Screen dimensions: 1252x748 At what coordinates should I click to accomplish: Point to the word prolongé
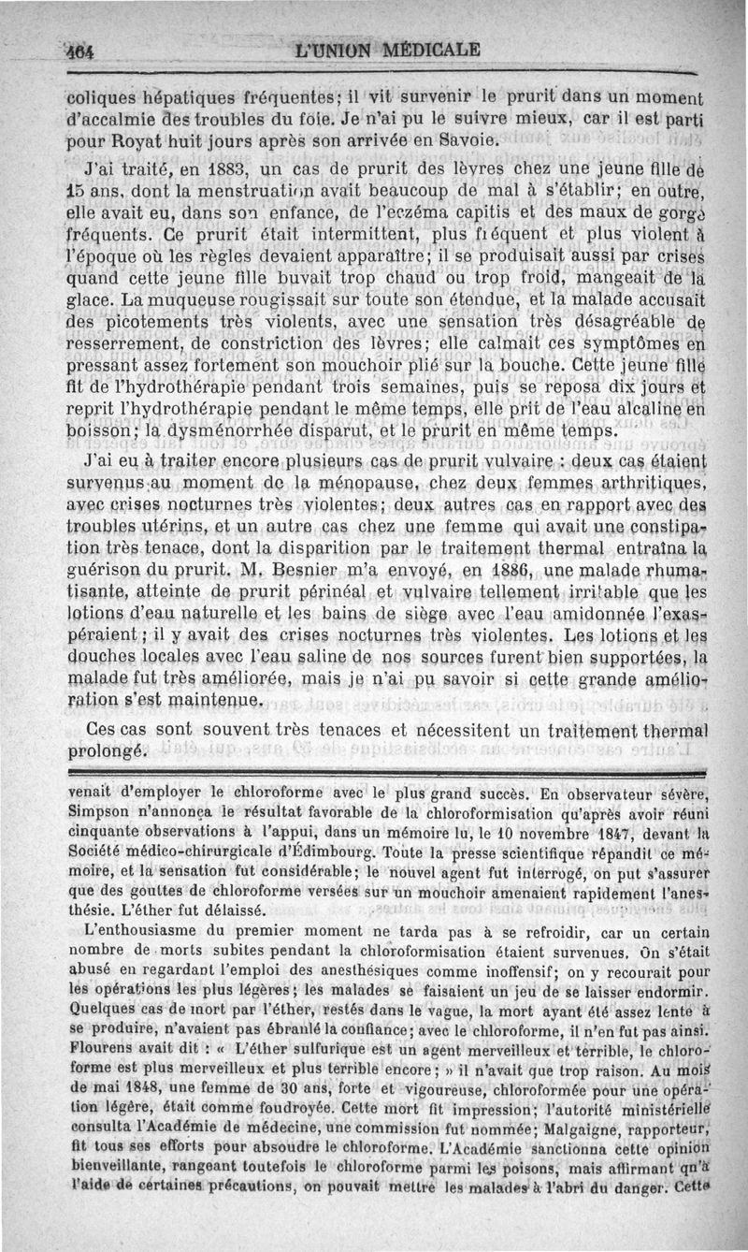108,751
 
